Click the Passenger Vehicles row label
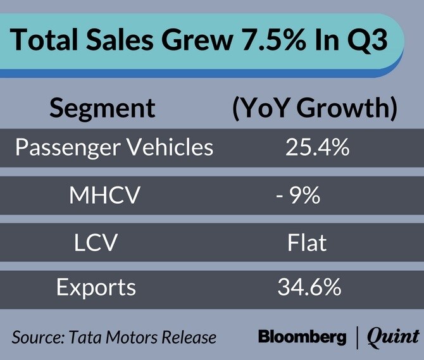(114, 148)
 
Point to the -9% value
(298, 196)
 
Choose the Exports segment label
(96, 288)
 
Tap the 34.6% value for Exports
(309, 288)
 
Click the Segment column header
(103, 108)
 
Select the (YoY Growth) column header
(315, 108)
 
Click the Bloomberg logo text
(302, 337)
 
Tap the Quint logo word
(393, 337)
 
